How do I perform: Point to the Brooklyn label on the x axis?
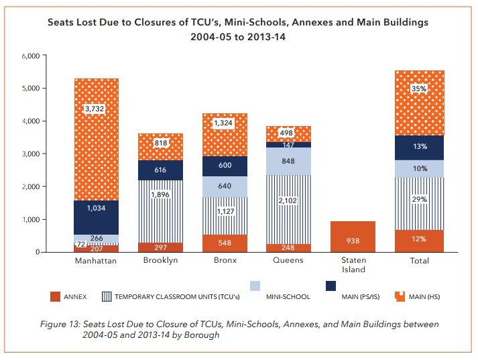click(160, 261)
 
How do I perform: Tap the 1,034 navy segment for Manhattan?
click(96, 208)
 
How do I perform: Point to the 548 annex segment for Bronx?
click(225, 241)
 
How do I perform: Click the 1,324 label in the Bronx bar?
click(225, 123)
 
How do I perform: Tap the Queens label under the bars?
click(288, 261)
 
